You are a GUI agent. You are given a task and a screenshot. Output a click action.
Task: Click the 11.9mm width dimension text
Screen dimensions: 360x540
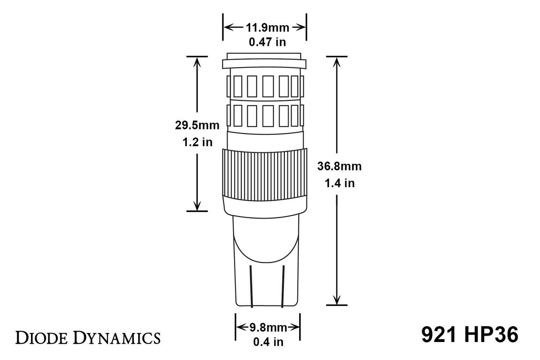click(x=265, y=27)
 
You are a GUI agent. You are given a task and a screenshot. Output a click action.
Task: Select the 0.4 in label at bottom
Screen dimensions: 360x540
click(x=267, y=342)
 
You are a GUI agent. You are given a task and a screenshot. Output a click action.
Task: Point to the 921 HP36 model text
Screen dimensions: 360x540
click(x=469, y=335)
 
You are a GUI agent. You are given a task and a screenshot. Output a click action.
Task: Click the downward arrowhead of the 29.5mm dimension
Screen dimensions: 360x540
click(x=197, y=206)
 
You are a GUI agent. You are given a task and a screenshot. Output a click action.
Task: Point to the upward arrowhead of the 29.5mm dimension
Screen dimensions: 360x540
click(x=197, y=62)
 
